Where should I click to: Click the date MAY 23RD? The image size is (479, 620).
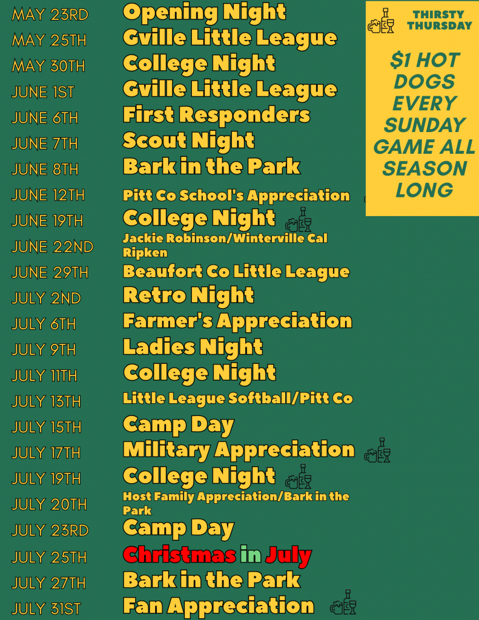pyautogui.click(x=50, y=15)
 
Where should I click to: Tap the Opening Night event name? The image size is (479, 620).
pyautogui.click(x=204, y=13)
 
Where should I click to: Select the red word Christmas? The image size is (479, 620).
pyautogui.click(x=180, y=555)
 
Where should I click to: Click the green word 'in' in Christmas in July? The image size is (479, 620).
pyautogui.click(x=251, y=555)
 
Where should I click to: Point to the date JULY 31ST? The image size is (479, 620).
pyautogui.click(x=46, y=608)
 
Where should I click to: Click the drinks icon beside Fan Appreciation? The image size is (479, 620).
pyautogui.click(x=343, y=602)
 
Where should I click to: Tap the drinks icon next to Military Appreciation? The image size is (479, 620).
pyautogui.click(x=377, y=450)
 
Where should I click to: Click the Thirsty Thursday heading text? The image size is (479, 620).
pyautogui.click(x=440, y=20)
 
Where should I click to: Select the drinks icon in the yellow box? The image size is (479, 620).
pyautogui.click(x=382, y=21)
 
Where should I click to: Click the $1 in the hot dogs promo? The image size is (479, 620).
pyautogui.click(x=400, y=60)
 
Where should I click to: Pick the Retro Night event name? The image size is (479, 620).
pyautogui.click(x=188, y=295)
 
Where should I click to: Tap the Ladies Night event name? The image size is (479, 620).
pyautogui.click(x=193, y=347)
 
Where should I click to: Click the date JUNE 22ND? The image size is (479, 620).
pyautogui.click(x=53, y=247)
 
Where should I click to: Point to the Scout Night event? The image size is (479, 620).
pyautogui.click(x=188, y=140)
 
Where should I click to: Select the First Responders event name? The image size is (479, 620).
pyautogui.click(x=216, y=114)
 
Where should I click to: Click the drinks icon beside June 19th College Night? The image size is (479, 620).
pyautogui.click(x=298, y=219)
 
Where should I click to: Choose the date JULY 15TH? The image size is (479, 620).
pyautogui.click(x=47, y=427)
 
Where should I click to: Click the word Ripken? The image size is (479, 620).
pyautogui.click(x=145, y=252)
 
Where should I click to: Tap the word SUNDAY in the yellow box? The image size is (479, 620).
pyautogui.click(x=425, y=125)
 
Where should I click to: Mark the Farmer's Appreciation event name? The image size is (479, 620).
pyautogui.click(x=237, y=321)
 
